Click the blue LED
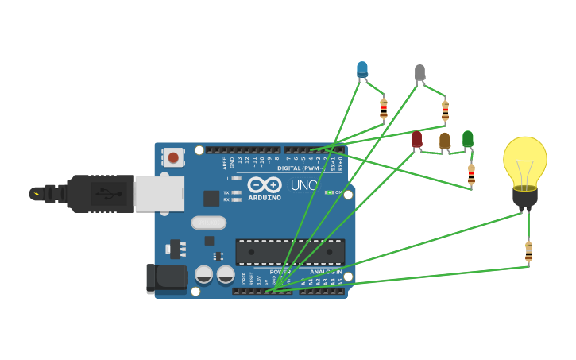tap(362, 69)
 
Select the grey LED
tap(419, 73)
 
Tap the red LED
tap(416, 140)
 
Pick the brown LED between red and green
tap(444, 141)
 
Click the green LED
tap(468, 139)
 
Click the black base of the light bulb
tap(524, 197)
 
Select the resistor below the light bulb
tap(529, 252)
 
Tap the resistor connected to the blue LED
tap(384, 109)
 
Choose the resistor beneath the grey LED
tap(445, 111)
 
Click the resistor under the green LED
tap(471, 175)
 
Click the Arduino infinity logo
tap(265, 186)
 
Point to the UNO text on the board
tap(303, 185)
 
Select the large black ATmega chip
tap(290, 252)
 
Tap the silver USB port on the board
tap(158, 193)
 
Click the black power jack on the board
tap(167, 279)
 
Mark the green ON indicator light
tap(329, 192)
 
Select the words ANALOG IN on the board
tap(326, 273)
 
